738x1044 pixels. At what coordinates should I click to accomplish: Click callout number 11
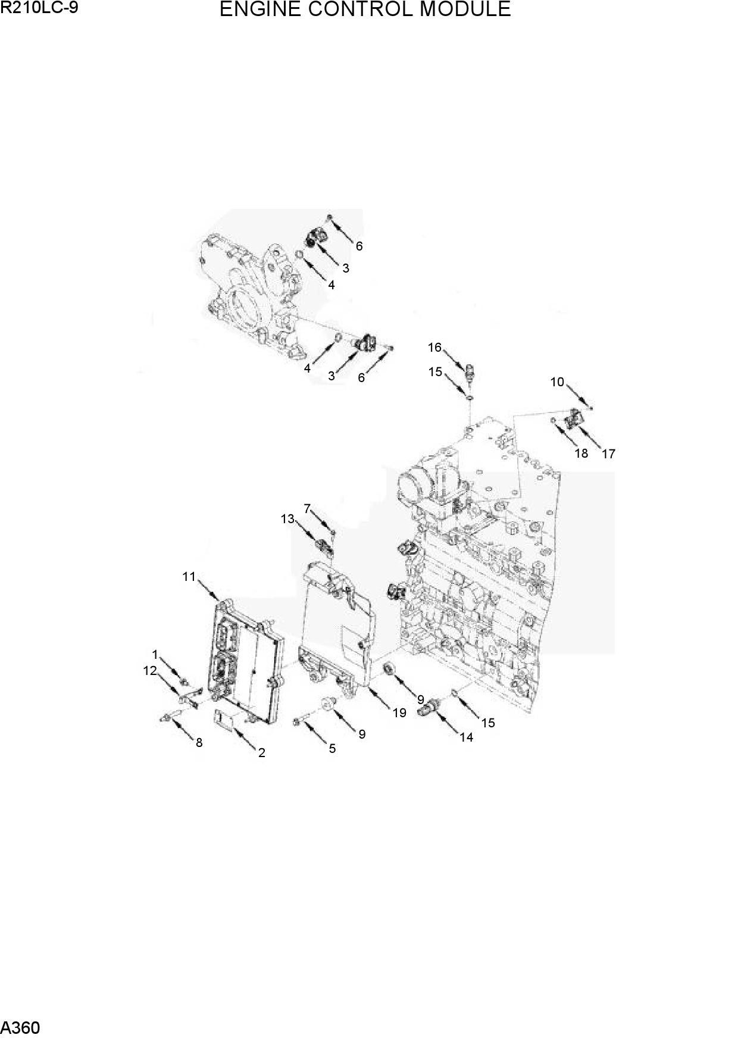pos(189,576)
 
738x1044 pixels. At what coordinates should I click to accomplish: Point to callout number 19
pos(399,712)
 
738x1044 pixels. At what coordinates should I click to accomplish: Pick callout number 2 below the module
pos(261,753)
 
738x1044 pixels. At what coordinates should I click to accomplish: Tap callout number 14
pos(466,737)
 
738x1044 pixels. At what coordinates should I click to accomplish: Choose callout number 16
pos(434,347)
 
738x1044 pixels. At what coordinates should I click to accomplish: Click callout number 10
pos(557,382)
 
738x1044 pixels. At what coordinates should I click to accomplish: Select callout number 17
pos(608,454)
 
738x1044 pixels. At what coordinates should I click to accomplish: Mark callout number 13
pos(287,519)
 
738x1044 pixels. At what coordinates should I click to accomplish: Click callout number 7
pos(307,508)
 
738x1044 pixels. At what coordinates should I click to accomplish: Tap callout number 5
pos(332,749)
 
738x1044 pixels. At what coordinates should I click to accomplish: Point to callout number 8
pos(199,742)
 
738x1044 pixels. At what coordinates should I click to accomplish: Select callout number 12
pos(149,671)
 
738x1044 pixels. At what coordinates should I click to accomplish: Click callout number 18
pos(581,453)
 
